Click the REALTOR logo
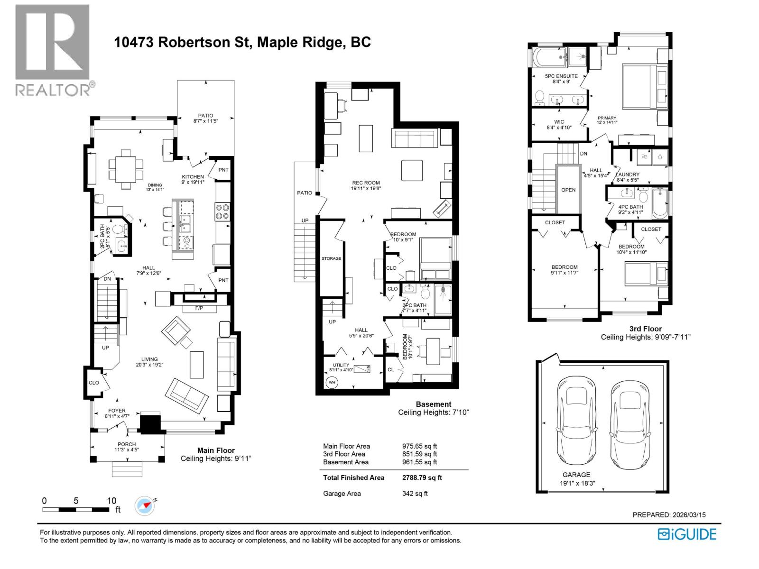pos(52,50)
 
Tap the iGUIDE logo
pos(686,534)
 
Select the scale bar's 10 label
pos(111,501)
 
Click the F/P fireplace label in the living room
pos(200,309)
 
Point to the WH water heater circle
pos(331,382)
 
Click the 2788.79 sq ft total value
pos(422,477)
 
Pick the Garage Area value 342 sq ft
pos(415,493)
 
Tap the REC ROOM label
pos(366,183)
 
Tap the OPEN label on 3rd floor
pos(568,190)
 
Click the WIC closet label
pos(559,122)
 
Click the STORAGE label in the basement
pos(331,258)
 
